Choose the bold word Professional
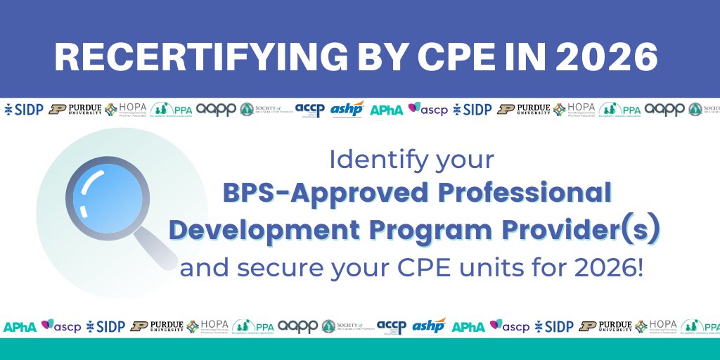(530, 193)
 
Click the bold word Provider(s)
(588, 231)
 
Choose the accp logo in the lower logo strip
(391, 326)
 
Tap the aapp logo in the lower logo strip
(299, 326)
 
